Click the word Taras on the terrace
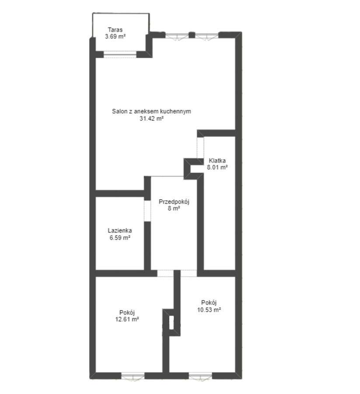click(115, 31)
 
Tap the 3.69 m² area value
click(115, 37)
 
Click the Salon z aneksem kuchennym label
click(151, 112)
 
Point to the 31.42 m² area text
click(151, 118)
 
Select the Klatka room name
click(217, 161)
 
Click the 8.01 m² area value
click(217, 167)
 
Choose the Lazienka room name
click(120, 231)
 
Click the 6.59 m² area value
click(120, 238)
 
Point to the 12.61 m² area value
click(126, 320)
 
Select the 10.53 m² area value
click(209, 309)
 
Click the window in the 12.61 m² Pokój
click(133, 375)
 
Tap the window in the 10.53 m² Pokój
click(200, 375)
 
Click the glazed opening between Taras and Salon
click(120, 55)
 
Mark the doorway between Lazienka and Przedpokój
click(147, 210)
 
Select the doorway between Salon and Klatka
click(200, 147)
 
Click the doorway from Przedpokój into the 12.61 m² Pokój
click(165, 273)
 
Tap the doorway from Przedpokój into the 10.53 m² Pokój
click(189, 273)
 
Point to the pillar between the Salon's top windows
click(191, 34)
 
